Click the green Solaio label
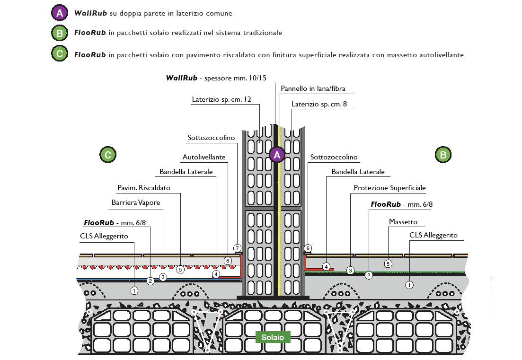tap(273, 337)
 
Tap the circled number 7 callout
tap(237, 248)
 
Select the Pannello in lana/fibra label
tap(313, 88)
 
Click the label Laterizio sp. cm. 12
tap(221, 99)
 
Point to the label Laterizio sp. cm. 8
tap(319, 104)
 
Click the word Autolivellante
tap(204, 157)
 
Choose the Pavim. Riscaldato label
tap(144, 188)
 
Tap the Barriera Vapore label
tap(136, 202)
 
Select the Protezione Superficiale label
tap(389, 188)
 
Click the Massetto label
tap(403, 222)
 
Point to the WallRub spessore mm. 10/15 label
tap(216, 78)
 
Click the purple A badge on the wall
tap(277, 155)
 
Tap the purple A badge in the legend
tap(60, 13)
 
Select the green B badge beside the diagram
tap(443, 155)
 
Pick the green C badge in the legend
tap(60, 53)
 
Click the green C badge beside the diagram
tap(108, 155)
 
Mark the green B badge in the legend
tap(60, 33)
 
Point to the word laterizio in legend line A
tap(189, 13)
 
